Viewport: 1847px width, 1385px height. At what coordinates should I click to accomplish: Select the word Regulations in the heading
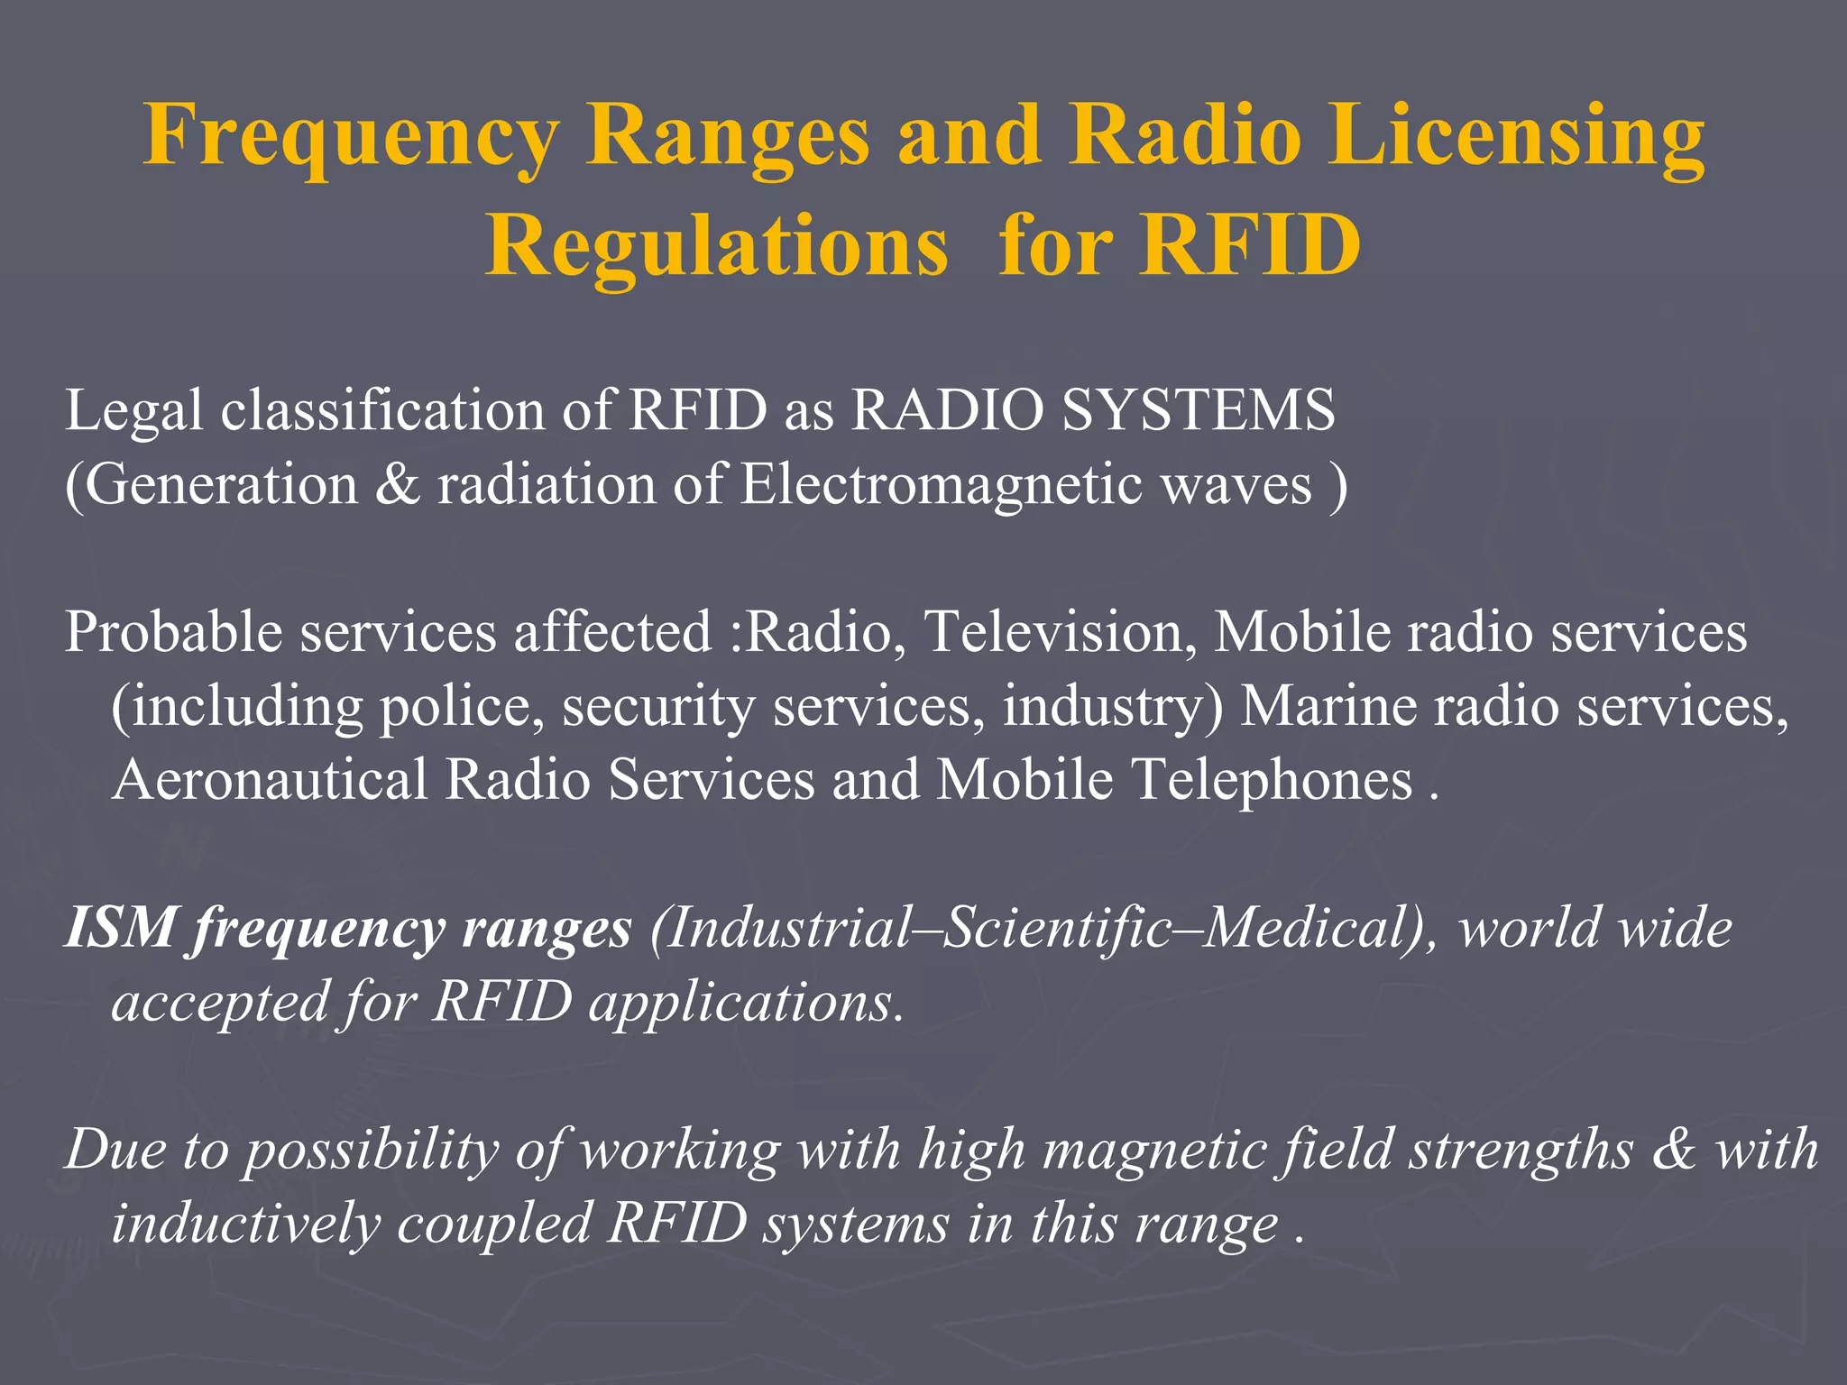717,245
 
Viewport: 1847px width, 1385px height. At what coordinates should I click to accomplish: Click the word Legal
133,411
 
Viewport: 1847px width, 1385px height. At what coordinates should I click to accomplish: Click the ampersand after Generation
398,484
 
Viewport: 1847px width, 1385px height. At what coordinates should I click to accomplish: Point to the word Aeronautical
270,779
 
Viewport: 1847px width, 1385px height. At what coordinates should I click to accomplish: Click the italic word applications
740,1003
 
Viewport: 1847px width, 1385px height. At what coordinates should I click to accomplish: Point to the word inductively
246,1224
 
